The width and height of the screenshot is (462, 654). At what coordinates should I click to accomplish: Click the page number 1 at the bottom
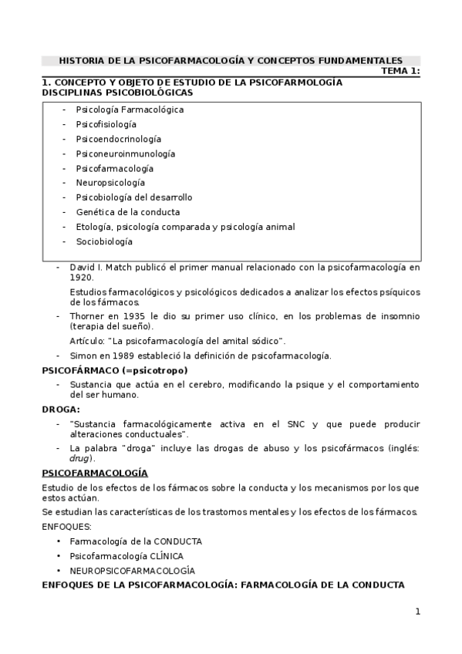417,612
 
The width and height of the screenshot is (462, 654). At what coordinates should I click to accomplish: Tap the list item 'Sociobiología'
104,241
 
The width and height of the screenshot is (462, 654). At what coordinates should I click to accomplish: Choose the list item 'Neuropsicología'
110,183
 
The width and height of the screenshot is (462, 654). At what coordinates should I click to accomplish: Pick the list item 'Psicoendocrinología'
118,139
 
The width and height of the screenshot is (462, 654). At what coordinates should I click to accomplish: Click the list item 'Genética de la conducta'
127,212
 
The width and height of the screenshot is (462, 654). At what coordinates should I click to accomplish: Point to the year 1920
81,278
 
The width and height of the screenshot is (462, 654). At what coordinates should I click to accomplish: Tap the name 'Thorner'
86,316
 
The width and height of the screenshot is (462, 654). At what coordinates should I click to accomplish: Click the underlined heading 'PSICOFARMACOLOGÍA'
95,472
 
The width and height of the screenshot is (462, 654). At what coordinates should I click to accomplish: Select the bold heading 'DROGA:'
61,409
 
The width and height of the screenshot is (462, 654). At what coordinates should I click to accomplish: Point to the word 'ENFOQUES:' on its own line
66,527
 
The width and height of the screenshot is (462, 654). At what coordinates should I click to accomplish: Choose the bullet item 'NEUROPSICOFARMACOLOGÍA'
132,571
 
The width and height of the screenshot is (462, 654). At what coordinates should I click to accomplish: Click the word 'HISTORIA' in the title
81,59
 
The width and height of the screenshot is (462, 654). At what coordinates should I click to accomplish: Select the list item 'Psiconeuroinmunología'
125,153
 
